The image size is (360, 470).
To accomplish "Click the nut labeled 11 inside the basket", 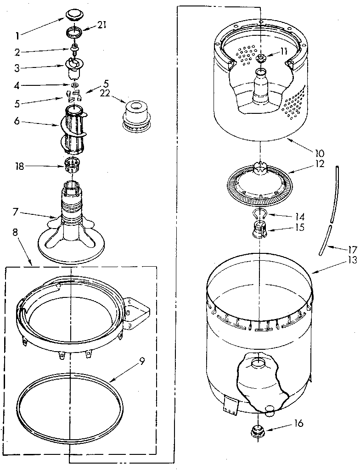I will coord(261,58).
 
